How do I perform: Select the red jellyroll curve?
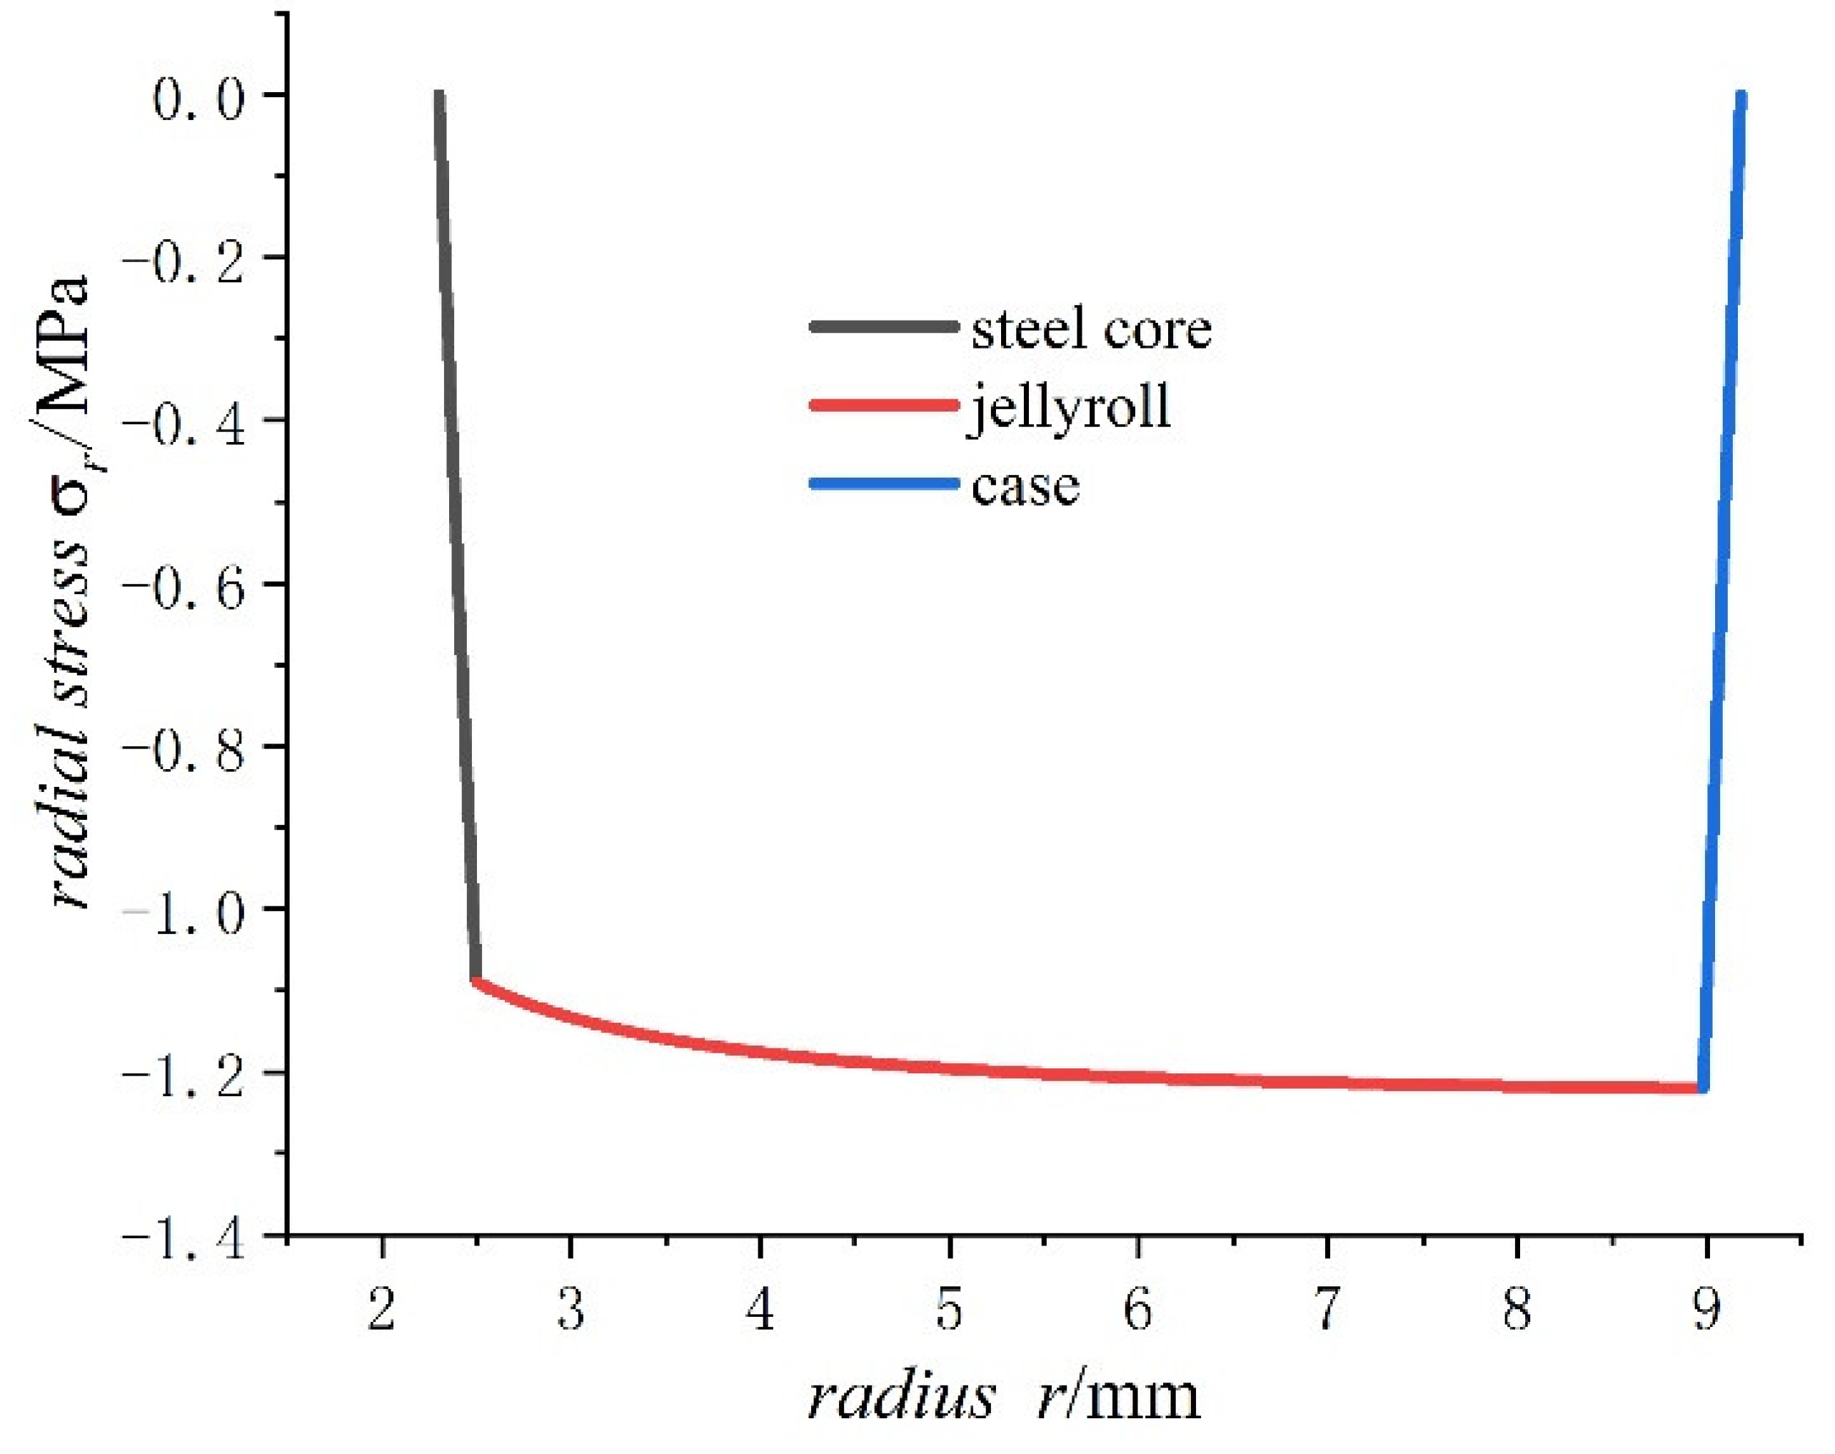pos(1021,1070)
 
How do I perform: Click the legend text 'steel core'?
pos(1091,329)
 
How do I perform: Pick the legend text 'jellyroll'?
pos(1069,408)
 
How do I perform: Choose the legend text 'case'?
pos(1025,486)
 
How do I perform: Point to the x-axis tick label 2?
pos(382,1308)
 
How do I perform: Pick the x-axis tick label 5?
pos(949,1308)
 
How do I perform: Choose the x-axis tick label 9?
pos(1706,1308)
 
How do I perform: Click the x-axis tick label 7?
pos(1327,1308)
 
